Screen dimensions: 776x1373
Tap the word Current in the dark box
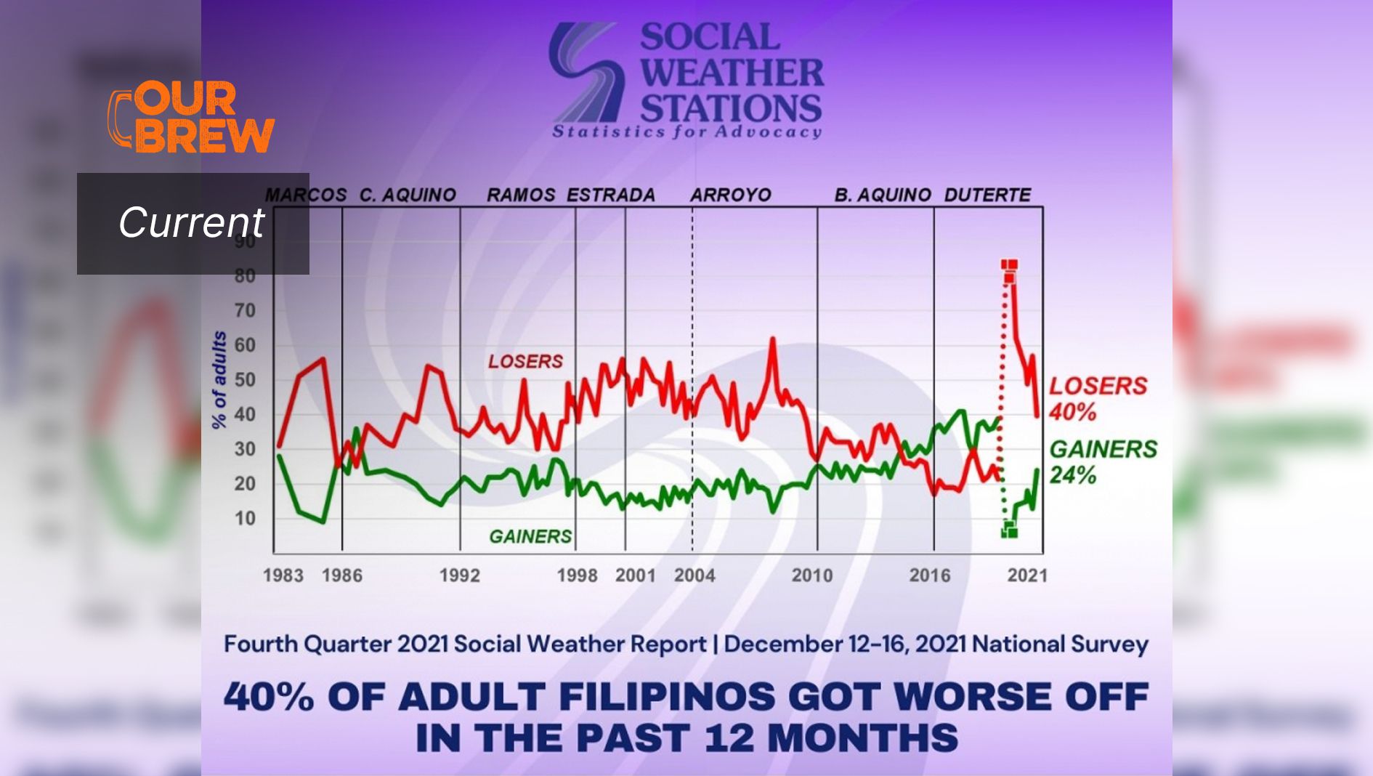192,222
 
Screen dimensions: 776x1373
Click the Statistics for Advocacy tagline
686,132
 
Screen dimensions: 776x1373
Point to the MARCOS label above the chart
306,195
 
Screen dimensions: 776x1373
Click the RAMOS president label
521,195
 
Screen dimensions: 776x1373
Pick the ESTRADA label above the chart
611,195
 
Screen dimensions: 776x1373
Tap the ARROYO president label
730,195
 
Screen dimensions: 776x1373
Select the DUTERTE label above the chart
987,195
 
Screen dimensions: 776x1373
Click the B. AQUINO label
883,195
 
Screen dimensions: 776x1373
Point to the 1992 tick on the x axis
459,575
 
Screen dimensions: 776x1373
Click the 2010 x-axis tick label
811,575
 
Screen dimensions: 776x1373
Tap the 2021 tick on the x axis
1027,575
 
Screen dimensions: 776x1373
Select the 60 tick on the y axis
245,345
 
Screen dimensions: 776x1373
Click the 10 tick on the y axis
245,519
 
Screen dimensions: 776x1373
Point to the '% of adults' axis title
219,380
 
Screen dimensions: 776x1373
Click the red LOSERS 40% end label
1097,398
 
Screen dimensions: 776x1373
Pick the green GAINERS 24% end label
1103,461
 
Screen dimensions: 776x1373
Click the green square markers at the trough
1009,530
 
